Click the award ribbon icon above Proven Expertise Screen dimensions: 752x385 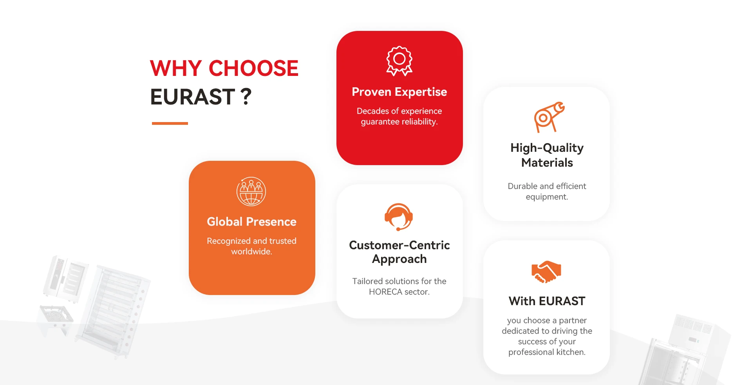399,61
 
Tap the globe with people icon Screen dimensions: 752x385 251,191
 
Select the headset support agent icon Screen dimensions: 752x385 399,217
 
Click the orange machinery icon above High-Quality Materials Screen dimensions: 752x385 549,117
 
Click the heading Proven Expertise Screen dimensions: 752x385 399,92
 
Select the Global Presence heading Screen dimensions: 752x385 251,222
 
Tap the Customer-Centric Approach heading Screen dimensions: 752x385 399,252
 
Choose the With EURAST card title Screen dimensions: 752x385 547,301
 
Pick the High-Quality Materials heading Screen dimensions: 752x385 547,155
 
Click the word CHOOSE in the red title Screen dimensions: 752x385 253,68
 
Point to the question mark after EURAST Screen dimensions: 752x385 246,97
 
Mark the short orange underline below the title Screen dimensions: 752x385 170,123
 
